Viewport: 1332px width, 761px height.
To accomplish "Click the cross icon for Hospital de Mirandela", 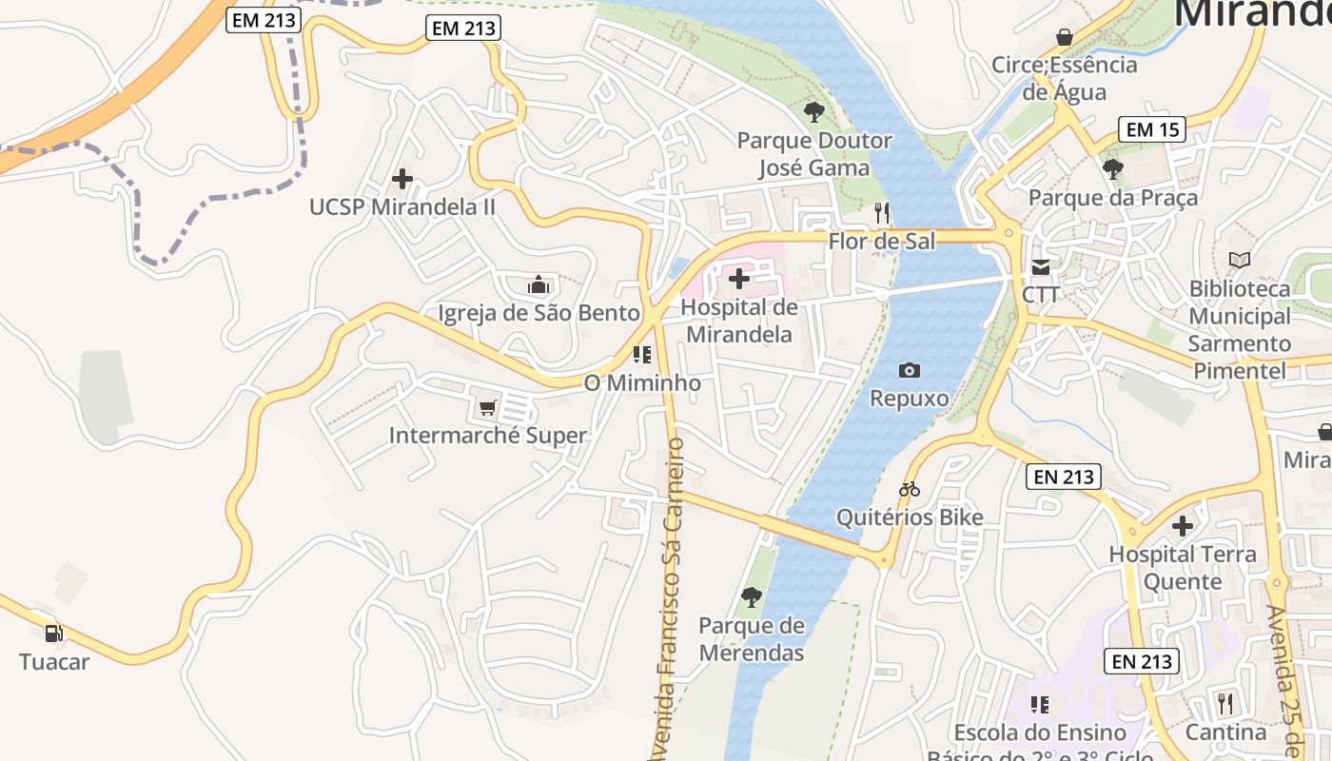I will pyautogui.click(x=738, y=279).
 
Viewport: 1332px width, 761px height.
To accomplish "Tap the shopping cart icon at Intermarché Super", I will pyautogui.click(x=487, y=408).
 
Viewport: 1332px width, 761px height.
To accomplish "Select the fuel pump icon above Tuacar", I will pyautogui.click(x=54, y=634).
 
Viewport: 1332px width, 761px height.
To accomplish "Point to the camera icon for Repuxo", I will pyautogui.click(x=910, y=370).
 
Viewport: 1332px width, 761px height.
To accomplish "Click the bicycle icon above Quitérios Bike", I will pyautogui.click(x=910, y=490).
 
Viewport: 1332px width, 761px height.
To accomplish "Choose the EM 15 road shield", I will pyautogui.click(x=1152, y=129).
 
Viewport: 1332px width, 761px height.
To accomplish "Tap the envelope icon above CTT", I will pyautogui.click(x=1041, y=267).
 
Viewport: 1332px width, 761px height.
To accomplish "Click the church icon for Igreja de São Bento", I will pyautogui.click(x=539, y=284).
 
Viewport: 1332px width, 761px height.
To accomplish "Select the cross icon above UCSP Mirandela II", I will pyautogui.click(x=402, y=178).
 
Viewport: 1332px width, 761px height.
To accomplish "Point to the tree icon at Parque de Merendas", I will pyautogui.click(x=751, y=597).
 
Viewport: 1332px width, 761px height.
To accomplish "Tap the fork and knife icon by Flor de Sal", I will pyautogui.click(x=881, y=212).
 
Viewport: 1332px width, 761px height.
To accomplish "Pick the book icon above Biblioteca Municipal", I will pyautogui.click(x=1240, y=260).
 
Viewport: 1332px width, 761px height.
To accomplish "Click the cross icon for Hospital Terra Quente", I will pyautogui.click(x=1183, y=526).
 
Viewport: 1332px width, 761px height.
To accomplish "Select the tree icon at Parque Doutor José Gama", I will pyautogui.click(x=813, y=112).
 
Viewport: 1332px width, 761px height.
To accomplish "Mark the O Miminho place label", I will pyautogui.click(x=642, y=383).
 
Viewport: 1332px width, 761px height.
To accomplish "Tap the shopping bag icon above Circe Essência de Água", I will pyautogui.click(x=1064, y=37).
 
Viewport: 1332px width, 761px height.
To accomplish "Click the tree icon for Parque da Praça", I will pyautogui.click(x=1112, y=169).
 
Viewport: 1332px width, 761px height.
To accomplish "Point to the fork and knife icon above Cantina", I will pyautogui.click(x=1224, y=704).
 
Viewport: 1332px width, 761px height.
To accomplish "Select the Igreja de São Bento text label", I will pyautogui.click(x=539, y=313).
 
